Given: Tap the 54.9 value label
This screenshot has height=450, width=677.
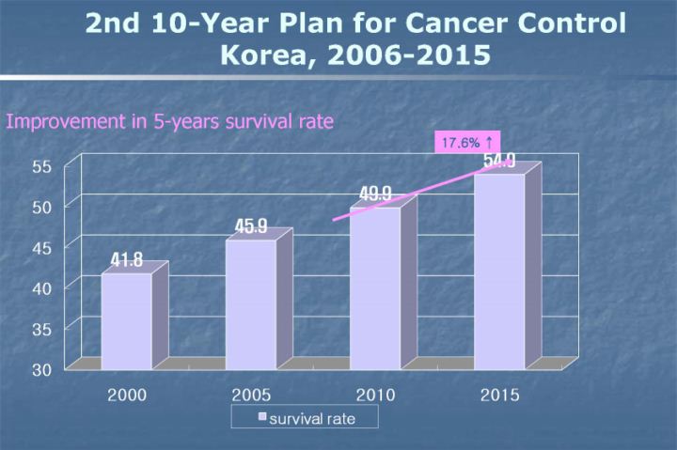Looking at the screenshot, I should [x=499, y=162].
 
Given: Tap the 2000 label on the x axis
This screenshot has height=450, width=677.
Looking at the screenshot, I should [x=126, y=395].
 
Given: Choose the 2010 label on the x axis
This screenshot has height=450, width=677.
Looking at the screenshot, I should [x=374, y=395].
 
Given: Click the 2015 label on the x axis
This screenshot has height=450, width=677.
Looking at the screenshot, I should [x=498, y=395].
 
